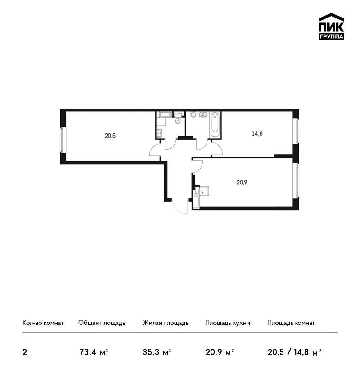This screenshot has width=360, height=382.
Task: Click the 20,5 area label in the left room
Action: pyautogui.click(x=110, y=136)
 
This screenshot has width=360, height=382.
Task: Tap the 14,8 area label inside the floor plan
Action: pyautogui.click(x=257, y=133)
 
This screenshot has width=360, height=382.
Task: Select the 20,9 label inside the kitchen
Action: pyautogui.click(x=242, y=182)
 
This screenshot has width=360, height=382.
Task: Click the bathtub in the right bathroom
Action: pyautogui.click(x=215, y=125)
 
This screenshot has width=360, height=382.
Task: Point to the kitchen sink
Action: pyautogui.click(x=204, y=191)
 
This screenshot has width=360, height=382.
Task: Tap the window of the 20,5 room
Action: pyautogui.click(x=63, y=140)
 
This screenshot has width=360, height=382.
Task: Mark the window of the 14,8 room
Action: pyautogui.click(x=296, y=131)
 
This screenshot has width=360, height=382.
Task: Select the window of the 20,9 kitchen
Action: pyautogui.click(x=296, y=181)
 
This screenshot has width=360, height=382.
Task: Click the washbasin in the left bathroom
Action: pyautogui.click(x=159, y=133)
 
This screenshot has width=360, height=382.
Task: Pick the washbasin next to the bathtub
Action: pyautogui.click(x=203, y=114)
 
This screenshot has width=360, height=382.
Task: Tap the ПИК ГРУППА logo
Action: pyautogui.click(x=331, y=27)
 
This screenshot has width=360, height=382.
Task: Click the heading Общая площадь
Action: pyautogui.click(x=102, y=323)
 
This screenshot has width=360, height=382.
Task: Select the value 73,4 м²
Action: pyautogui.click(x=94, y=352)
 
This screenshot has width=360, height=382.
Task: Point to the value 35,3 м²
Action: pyautogui.click(x=157, y=352)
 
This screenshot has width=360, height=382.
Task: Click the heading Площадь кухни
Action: pyautogui.click(x=228, y=323)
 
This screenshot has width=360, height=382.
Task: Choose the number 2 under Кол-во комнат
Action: pyautogui.click(x=25, y=352)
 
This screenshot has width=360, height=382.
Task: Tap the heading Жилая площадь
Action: pyautogui.click(x=165, y=323)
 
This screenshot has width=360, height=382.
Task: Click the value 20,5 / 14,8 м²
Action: pyautogui.click(x=294, y=352)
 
